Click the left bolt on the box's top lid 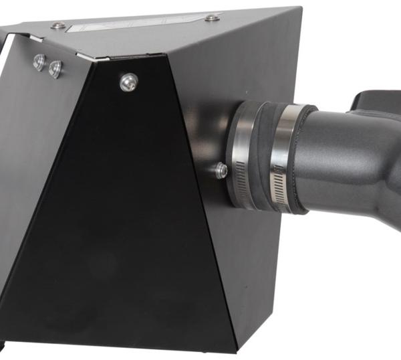[59, 25]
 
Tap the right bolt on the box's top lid [212, 17]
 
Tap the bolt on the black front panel [128, 82]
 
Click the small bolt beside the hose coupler [221, 171]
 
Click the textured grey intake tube [341, 161]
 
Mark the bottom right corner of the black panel [235, 349]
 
